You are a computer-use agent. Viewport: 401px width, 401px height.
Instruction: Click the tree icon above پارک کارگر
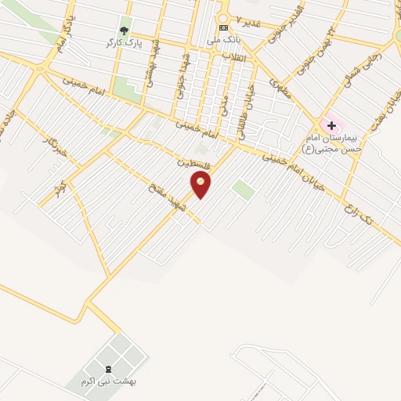click(124, 30)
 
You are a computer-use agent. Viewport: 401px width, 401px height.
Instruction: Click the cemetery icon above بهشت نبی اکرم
click(108, 368)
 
